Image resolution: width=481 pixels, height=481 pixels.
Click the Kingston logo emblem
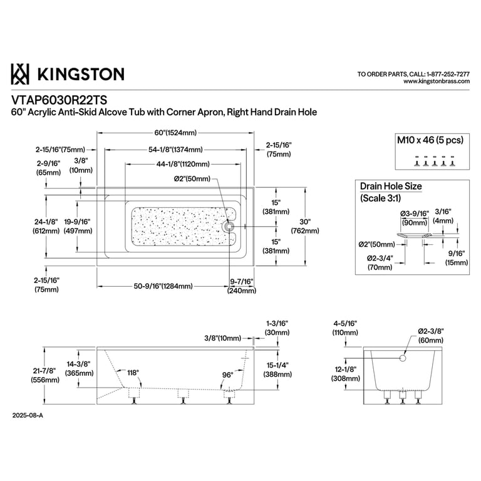coord(20,74)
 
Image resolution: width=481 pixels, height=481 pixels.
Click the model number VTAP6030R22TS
coord(59,100)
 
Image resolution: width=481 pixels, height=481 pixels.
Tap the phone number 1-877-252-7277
coord(448,75)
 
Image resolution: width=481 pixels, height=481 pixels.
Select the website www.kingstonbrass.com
coord(437,81)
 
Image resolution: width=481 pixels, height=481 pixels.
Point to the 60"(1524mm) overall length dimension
coord(175,133)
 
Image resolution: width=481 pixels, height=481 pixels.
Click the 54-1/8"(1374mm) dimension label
coord(175,150)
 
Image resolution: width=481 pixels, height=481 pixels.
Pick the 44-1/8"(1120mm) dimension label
coord(183,164)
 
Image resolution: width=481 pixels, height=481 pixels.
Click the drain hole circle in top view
coord(229,227)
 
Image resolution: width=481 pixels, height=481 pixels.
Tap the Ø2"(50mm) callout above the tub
coord(192,178)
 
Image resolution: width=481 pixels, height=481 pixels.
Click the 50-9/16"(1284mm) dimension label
coord(163,286)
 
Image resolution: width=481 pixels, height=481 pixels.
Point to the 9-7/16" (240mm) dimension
coord(242,286)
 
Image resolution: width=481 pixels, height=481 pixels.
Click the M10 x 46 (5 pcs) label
coord(430,140)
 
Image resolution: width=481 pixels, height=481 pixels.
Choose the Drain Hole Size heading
coord(391,186)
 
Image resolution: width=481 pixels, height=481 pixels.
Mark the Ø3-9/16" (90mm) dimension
coord(415,218)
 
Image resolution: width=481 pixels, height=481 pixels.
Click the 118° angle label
coord(133,373)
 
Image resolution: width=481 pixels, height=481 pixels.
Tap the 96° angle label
coord(227,375)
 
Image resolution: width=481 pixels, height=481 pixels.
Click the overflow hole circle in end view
coord(403,358)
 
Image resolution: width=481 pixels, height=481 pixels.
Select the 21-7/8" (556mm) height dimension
coord(45,375)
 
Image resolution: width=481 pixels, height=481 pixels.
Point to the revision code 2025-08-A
coord(28,416)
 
